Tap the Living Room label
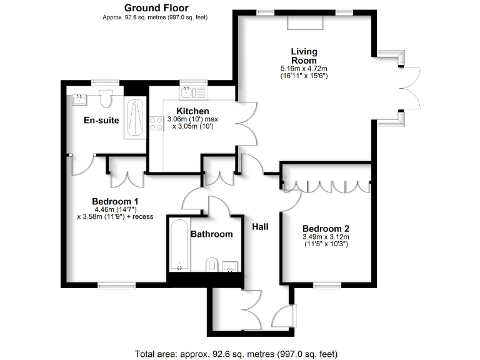(x=304, y=56)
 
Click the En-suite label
(x=102, y=120)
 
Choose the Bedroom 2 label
(x=325, y=229)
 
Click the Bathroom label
(x=212, y=234)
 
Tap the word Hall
(x=260, y=226)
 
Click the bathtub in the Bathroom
(x=179, y=245)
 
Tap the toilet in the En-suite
(x=106, y=98)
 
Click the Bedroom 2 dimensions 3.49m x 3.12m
(x=325, y=237)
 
